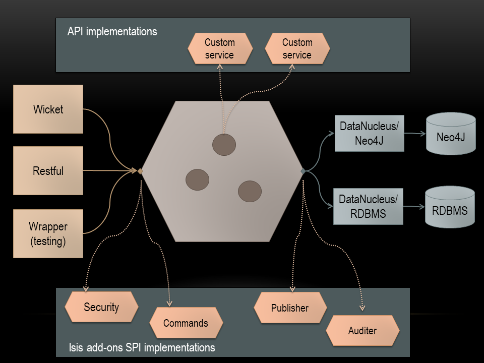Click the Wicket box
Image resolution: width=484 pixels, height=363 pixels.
[48, 109]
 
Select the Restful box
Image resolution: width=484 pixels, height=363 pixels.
[48, 170]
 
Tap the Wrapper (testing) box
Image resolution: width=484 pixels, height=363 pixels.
[48, 233]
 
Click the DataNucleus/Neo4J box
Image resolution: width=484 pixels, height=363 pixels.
[370, 133]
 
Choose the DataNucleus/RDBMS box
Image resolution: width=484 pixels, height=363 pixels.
[369, 206]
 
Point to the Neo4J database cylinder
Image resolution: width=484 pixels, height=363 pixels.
[451, 134]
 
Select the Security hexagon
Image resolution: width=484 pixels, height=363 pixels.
[101, 307]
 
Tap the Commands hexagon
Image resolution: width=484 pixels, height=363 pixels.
[186, 323]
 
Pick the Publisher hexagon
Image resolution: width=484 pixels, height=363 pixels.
[290, 308]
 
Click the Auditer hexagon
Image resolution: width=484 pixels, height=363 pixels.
[362, 331]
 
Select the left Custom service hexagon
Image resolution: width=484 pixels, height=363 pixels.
[219, 49]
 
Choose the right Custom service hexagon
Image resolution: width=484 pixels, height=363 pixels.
[297, 49]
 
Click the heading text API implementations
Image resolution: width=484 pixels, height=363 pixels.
[112, 31]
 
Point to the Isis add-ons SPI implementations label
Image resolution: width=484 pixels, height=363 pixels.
[142, 348]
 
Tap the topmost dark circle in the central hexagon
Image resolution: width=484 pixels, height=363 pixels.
[224, 145]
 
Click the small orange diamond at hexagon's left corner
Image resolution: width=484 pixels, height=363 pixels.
[141, 171]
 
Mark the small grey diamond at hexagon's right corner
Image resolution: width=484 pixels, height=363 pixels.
[303, 171]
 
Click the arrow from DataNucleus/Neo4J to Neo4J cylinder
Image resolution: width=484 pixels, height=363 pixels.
[415, 134]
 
